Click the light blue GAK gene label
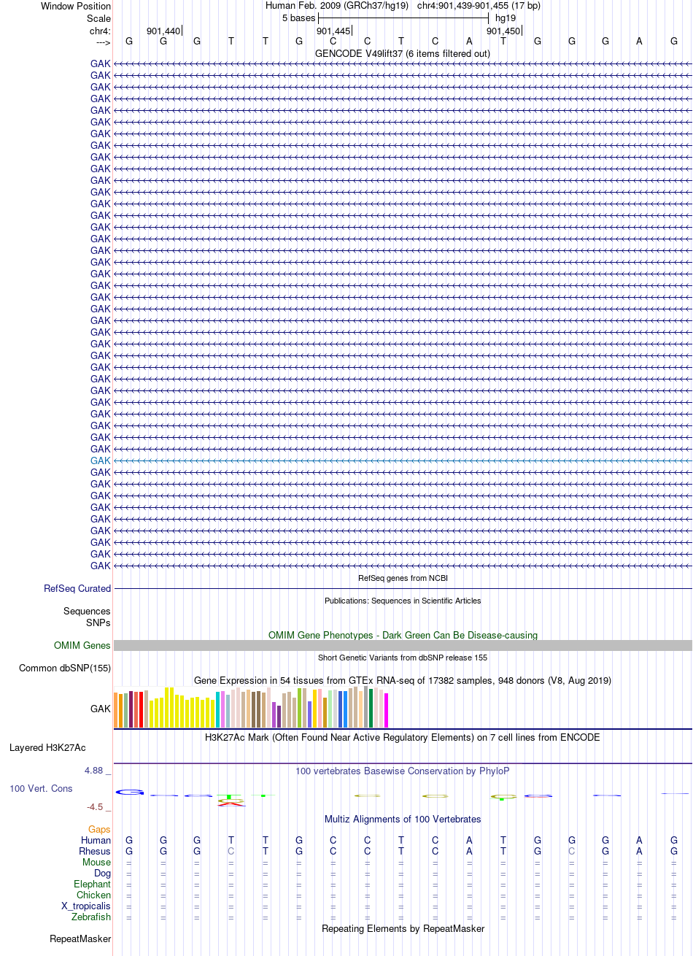[x=100, y=460]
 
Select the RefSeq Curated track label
[x=77, y=588]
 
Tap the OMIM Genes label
[x=82, y=645]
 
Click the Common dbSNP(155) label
[x=65, y=668]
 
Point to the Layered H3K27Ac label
[x=47, y=748]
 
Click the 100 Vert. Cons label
[x=41, y=788]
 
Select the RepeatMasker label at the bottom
[x=80, y=939]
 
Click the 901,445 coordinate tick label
[x=333, y=31]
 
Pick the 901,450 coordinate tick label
[x=503, y=31]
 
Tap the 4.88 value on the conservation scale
[x=93, y=771]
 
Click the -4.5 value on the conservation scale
[x=95, y=806]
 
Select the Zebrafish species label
[x=91, y=917]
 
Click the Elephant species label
[x=92, y=884]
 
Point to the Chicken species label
[x=93, y=895]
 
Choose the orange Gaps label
[x=99, y=829]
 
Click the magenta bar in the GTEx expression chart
[x=386, y=710]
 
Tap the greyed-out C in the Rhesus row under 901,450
[x=572, y=851]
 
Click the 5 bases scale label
[x=298, y=18]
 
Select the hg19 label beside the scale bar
[x=506, y=18]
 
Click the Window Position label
[x=76, y=6]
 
